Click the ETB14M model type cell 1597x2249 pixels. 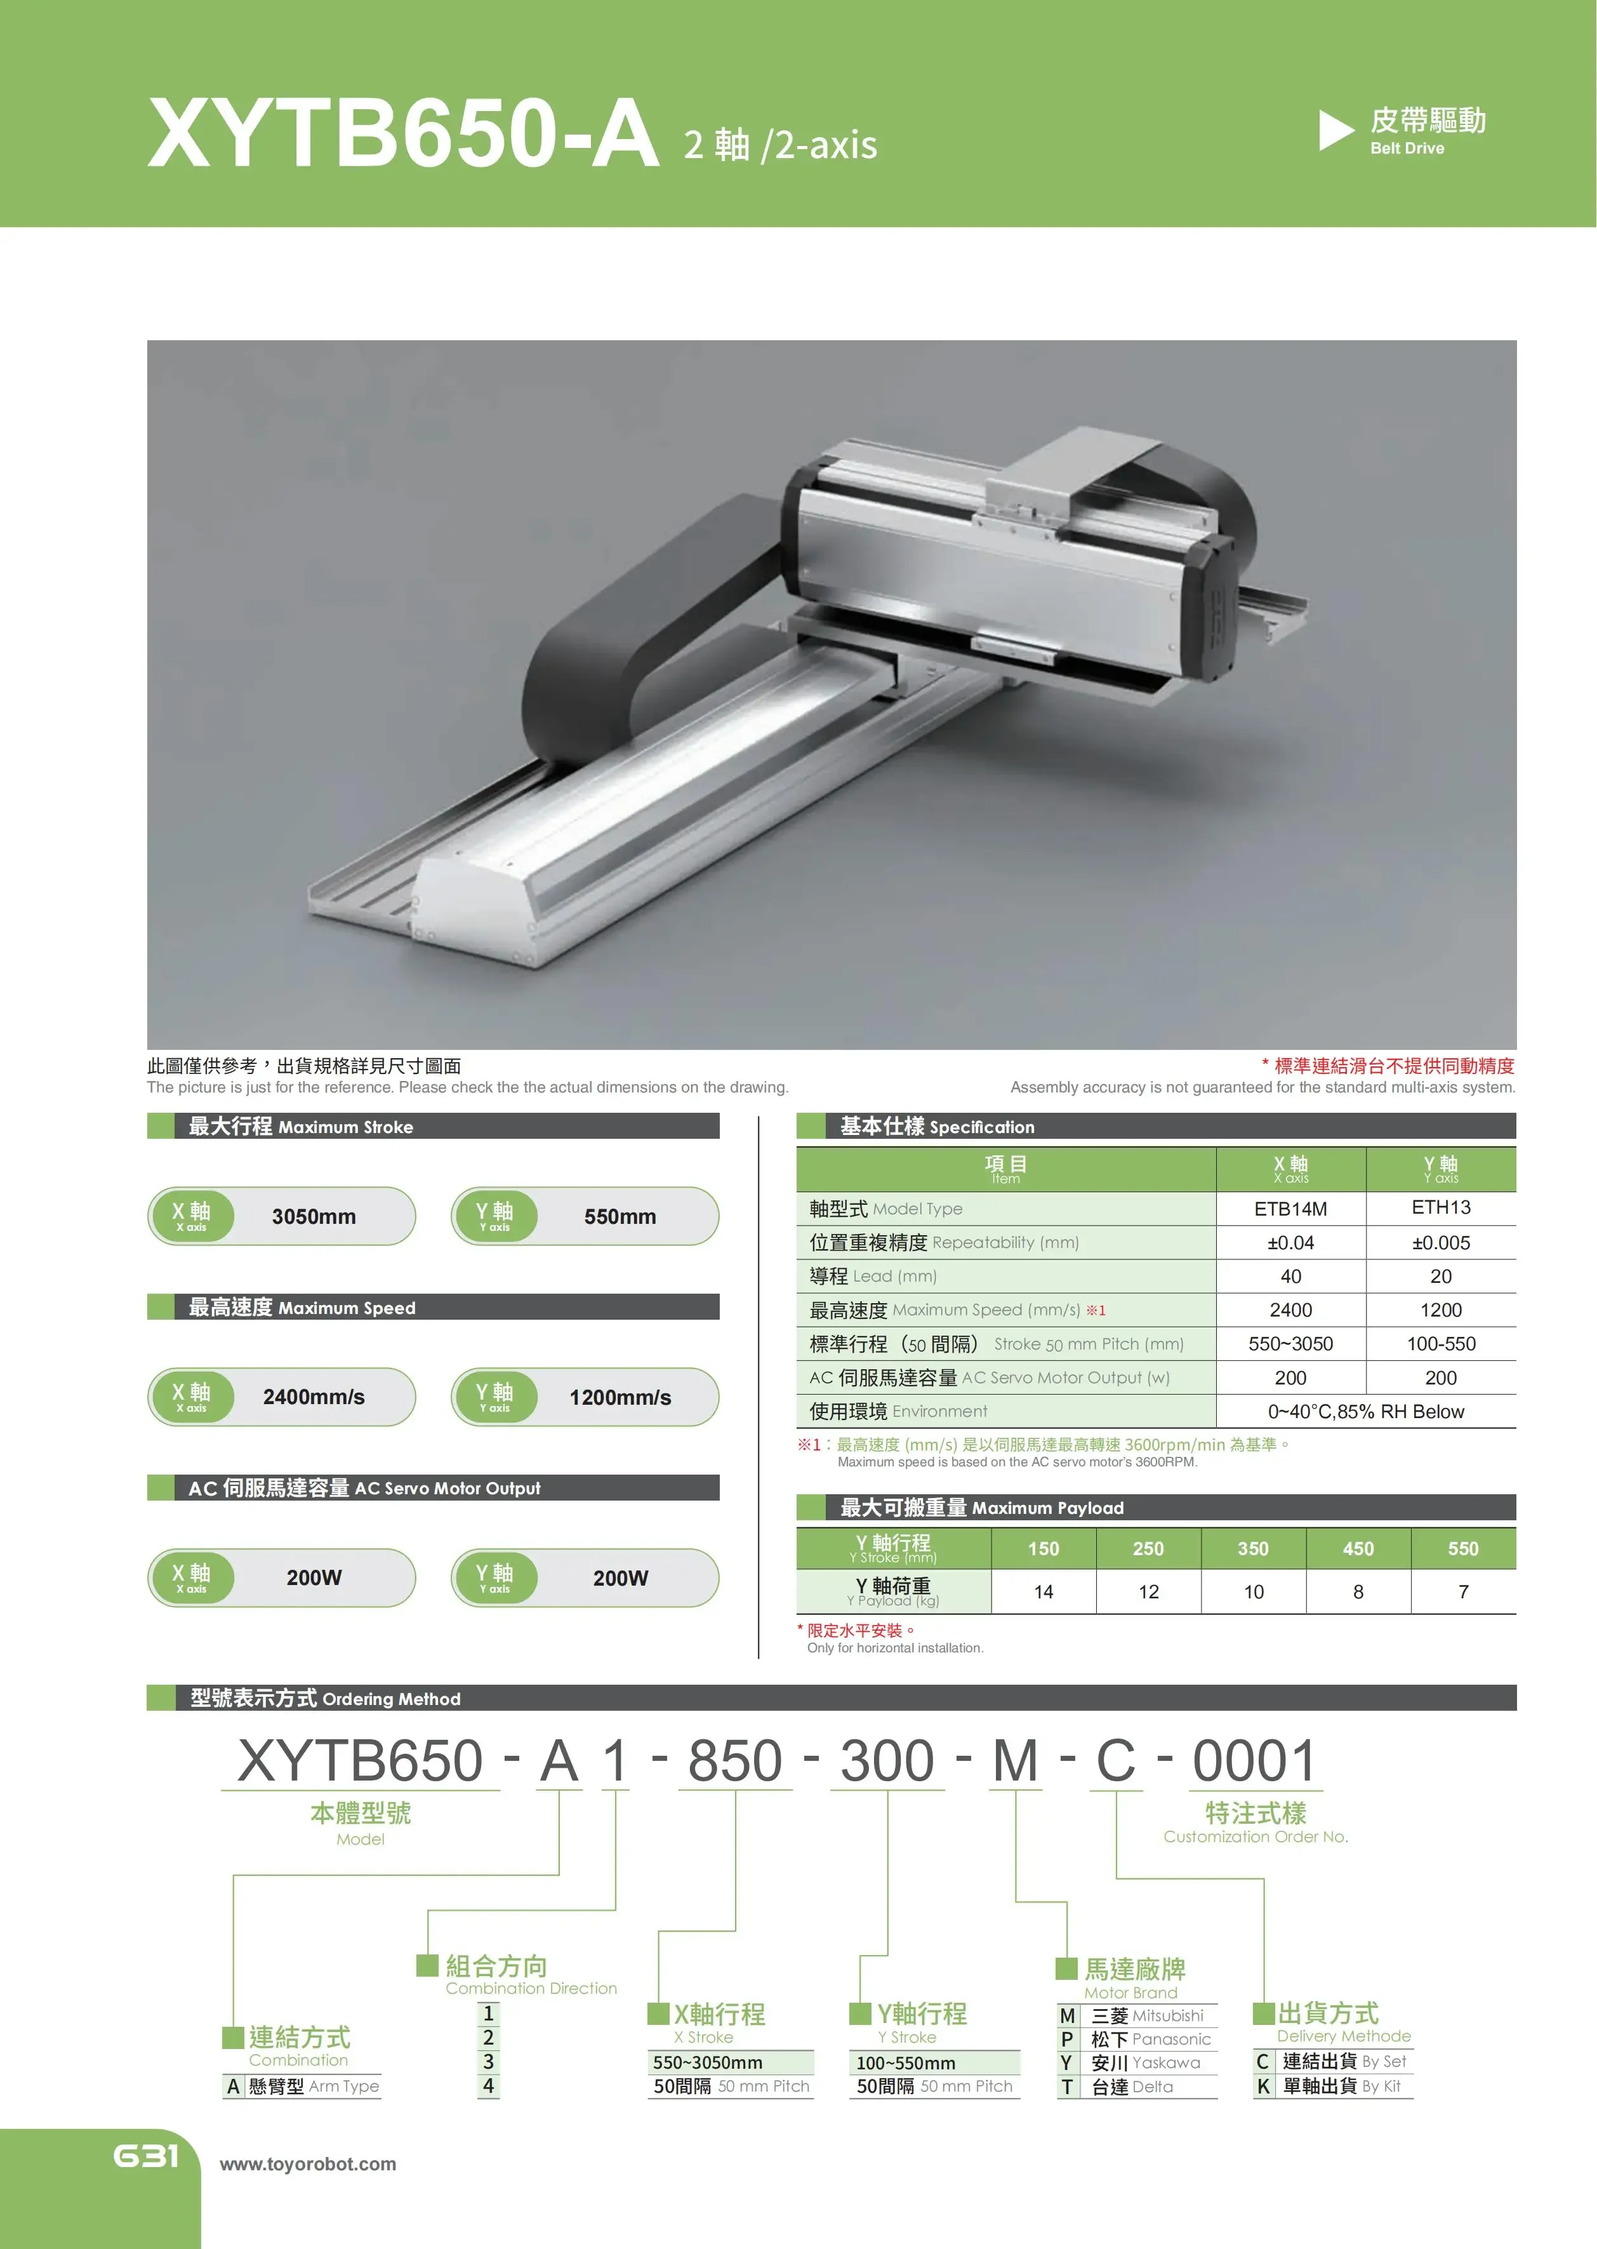coord(1290,1209)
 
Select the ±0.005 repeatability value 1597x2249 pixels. coord(1441,1243)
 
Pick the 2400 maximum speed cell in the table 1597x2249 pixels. coord(1290,1310)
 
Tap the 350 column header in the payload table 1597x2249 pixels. coord(1253,1549)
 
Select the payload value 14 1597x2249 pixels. coord(1044,1591)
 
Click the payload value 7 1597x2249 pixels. coord(1463,1591)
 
